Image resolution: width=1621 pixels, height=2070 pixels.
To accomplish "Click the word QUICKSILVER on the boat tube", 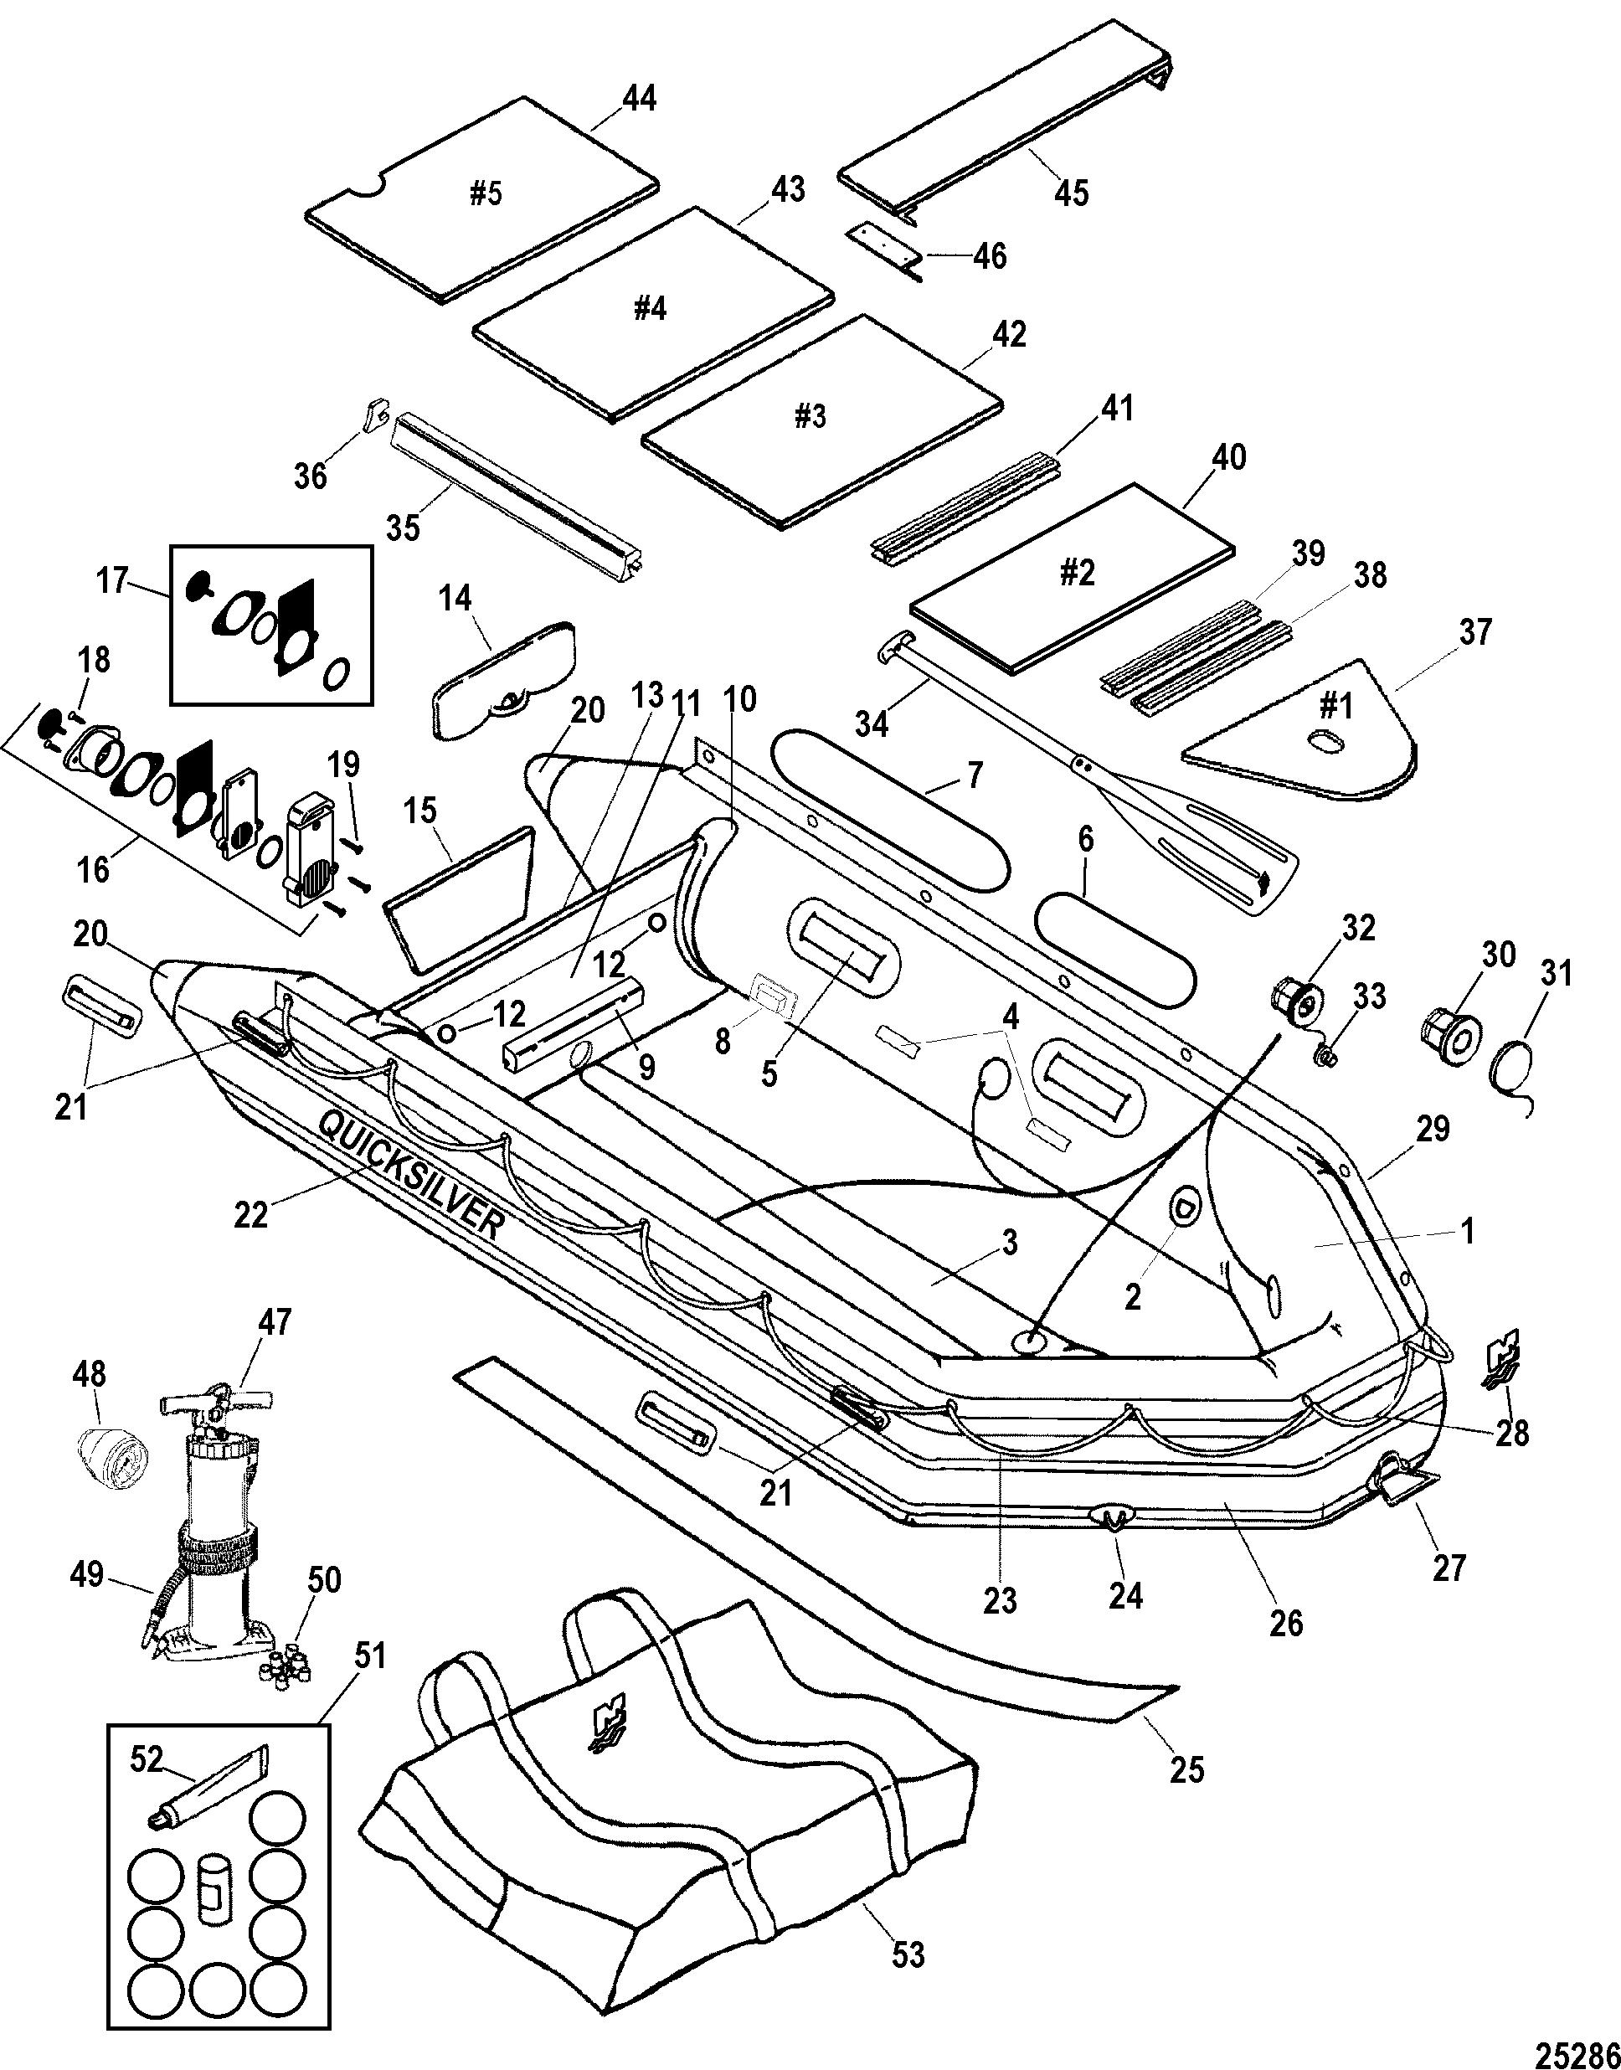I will coord(408,1174).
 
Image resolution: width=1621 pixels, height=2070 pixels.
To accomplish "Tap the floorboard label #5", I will coord(485,194).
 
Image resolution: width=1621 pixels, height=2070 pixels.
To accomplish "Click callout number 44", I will coord(639,98).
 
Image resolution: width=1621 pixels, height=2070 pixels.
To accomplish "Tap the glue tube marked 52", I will coord(208,1784).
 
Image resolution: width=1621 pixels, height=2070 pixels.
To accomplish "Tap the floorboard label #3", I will coord(809,418).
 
